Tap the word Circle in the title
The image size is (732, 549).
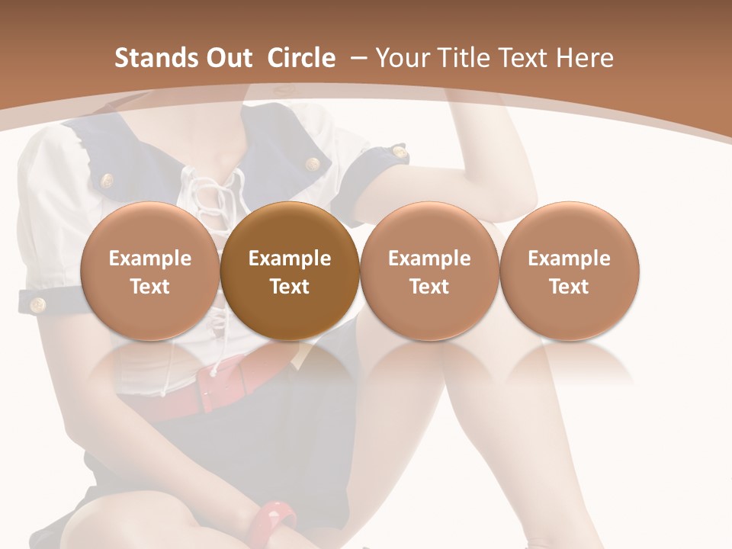tap(301, 58)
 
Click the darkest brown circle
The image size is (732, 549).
tap(290, 271)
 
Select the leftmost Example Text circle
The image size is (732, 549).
tap(150, 271)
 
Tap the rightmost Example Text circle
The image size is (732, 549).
tap(569, 271)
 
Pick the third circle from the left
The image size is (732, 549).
tap(429, 271)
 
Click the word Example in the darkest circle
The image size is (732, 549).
tap(290, 258)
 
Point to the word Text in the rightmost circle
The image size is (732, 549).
tap(569, 287)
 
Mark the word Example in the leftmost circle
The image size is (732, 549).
tap(150, 258)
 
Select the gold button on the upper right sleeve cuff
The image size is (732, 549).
tap(399, 153)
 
